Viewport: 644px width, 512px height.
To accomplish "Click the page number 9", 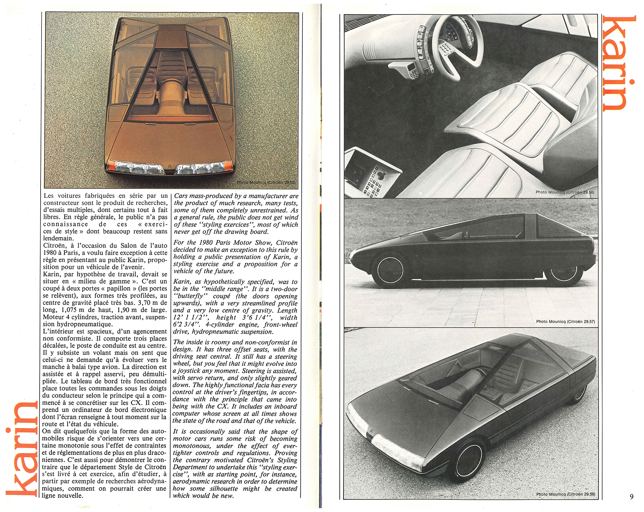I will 631,497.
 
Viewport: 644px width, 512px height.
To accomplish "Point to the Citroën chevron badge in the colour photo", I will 170,167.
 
